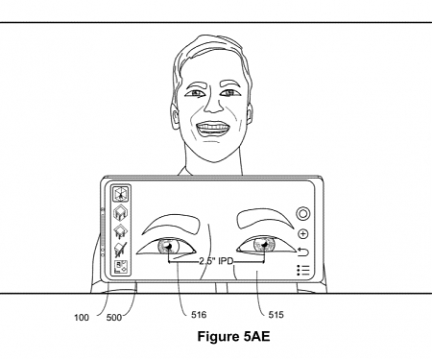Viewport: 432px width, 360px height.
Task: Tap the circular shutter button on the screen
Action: tap(303, 212)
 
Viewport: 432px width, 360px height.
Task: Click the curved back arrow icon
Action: tap(303, 252)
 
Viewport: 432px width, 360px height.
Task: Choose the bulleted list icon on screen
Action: tap(303, 271)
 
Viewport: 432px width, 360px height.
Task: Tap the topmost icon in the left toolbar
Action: tap(122, 193)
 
